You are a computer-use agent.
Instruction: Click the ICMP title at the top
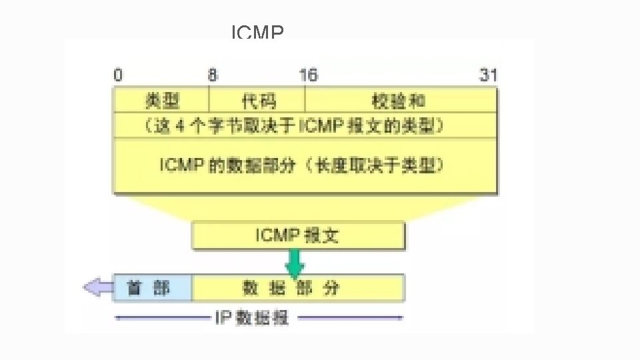[257, 32]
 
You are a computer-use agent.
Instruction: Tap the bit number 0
[118, 75]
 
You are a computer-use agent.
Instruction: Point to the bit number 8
[212, 75]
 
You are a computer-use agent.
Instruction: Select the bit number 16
[308, 75]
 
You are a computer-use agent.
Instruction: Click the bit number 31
[488, 75]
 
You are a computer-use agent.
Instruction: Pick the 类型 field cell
[162, 101]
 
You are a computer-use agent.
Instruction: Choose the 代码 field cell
[258, 101]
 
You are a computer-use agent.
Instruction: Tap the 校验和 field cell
[400, 101]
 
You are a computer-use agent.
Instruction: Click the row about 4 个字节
[305, 125]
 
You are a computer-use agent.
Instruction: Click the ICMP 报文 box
[298, 235]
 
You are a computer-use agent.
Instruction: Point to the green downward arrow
[295, 264]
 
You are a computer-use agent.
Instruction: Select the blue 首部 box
[153, 287]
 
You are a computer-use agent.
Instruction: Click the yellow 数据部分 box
[298, 287]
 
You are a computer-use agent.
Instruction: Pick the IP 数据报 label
[252, 318]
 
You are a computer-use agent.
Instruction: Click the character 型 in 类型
[171, 101]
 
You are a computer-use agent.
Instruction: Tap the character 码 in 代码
[267, 101]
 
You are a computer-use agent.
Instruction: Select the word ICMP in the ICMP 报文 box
[278, 235]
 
